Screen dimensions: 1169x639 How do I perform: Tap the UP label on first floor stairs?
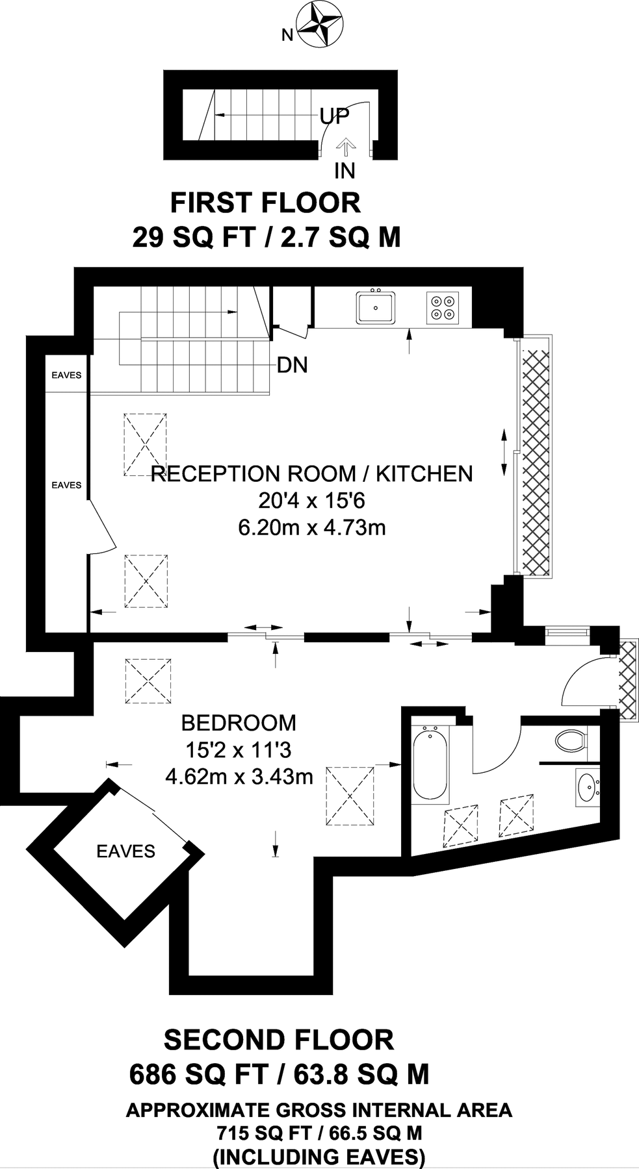tap(334, 116)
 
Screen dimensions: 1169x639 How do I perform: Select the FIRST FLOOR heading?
tap(265, 203)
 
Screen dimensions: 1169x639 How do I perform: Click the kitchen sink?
tap(376, 307)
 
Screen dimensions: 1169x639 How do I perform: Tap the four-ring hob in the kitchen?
tap(442, 307)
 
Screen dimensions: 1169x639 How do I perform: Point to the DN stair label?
tap(292, 365)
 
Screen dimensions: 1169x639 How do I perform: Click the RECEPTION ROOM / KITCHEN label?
tap(312, 473)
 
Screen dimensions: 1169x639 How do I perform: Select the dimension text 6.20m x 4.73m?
tap(312, 527)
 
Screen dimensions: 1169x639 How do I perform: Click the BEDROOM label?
tap(238, 722)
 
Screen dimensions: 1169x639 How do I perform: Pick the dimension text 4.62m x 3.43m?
tap(239, 776)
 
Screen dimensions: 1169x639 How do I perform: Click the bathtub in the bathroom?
tap(430, 764)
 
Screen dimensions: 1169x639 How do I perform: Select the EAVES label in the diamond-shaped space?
tap(125, 851)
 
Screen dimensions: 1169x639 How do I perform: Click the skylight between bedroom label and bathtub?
tap(350, 796)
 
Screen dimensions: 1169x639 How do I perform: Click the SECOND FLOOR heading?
tap(278, 1040)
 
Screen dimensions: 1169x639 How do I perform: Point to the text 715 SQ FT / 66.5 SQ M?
tap(319, 1133)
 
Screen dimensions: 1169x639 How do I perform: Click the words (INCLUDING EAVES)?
tap(319, 1157)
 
